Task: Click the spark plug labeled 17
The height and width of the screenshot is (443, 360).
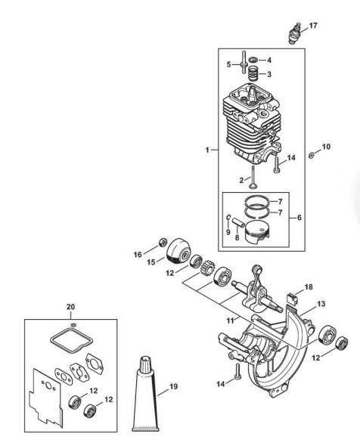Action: (x=295, y=33)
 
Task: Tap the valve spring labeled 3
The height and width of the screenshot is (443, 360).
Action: (x=253, y=74)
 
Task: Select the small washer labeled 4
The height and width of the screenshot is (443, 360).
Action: (x=253, y=60)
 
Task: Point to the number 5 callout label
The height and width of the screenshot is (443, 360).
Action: (x=228, y=64)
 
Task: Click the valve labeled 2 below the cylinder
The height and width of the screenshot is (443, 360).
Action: (x=253, y=178)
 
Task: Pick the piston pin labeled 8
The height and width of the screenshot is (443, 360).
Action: (x=238, y=221)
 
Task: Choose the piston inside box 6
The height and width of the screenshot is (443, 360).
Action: (x=258, y=231)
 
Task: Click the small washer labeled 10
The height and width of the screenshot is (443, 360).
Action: (x=312, y=155)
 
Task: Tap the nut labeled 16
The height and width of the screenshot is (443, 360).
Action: (x=163, y=243)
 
